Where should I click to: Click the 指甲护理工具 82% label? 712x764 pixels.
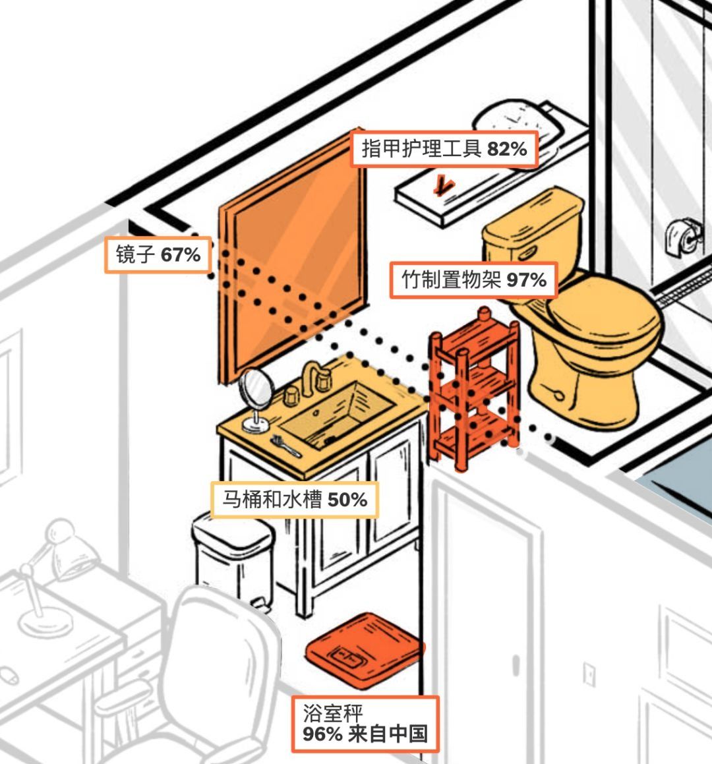pyautogui.click(x=444, y=148)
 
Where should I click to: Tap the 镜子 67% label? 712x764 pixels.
pyautogui.click(x=158, y=254)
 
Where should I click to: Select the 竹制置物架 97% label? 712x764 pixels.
pyautogui.click(x=473, y=280)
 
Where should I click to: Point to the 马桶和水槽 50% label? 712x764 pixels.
pyautogui.click(x=294, y=500)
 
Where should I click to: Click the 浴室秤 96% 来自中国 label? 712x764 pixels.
pyautogui.click(x=365, y=724)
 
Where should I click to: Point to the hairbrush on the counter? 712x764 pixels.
pyautogui.click(x=285, y=446)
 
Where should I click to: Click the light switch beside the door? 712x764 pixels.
pyautogui.click(x=589, y=674)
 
